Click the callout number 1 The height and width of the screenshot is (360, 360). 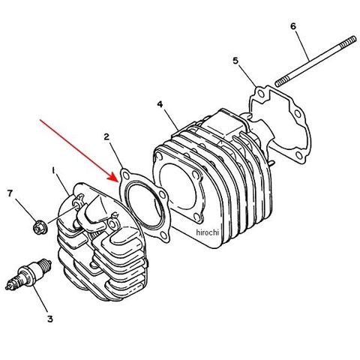53,171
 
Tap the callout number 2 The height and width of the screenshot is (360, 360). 106,136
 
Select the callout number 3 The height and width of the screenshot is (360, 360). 50,319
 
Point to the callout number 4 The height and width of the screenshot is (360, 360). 160,104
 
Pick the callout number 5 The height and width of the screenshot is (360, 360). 235,61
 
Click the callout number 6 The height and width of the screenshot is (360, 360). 293,26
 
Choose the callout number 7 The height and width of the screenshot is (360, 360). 10,193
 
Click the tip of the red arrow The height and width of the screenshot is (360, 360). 118,181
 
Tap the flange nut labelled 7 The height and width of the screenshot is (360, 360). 39,226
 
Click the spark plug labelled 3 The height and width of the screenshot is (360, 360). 28,274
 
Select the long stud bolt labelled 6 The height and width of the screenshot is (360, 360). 316,61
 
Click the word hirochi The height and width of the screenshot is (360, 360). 207,232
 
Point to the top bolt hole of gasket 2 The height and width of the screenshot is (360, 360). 126,175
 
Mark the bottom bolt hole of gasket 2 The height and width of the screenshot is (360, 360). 163,235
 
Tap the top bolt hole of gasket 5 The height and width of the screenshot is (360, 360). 261,94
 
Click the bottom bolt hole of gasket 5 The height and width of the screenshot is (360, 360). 300,155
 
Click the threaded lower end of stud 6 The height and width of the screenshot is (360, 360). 282,82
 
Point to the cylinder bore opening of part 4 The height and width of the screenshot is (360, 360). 178,186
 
